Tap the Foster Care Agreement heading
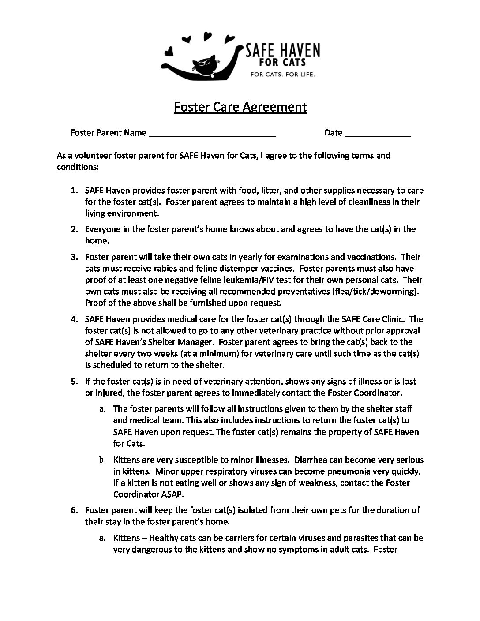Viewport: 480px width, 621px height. click(x=240, y=107)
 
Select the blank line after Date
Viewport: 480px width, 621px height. click(x=378, y=134)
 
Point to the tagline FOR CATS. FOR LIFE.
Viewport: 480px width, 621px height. click(x=283, y=75)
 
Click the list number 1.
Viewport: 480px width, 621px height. click(x=75, y=191)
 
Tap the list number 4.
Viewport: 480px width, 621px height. click(x=75, y=319)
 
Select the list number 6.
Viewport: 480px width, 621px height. click(x=75, y=510)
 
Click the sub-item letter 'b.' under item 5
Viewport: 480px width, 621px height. click(x=102, y=460)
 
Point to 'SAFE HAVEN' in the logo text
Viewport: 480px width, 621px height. click(x=283, y=51)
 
